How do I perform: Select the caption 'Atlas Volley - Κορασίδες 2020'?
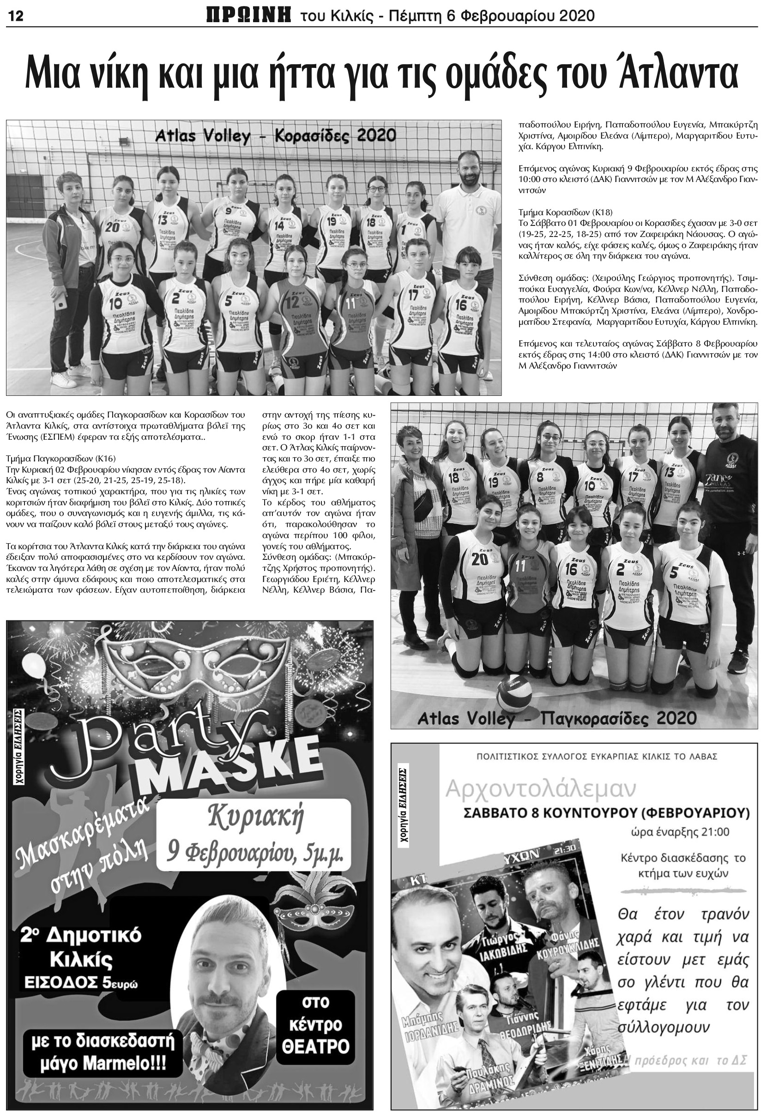pyautogui.click(x=275, y=136)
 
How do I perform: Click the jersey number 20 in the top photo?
pyautogui.click(x=113, y=226)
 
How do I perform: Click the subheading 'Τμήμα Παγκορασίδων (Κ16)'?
pyautogui.click(x=61, y=459)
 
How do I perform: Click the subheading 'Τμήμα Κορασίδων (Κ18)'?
pyautogui.click(x=565, y=212)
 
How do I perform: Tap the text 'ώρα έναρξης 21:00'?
pyautogui.click(x=680, y=832)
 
